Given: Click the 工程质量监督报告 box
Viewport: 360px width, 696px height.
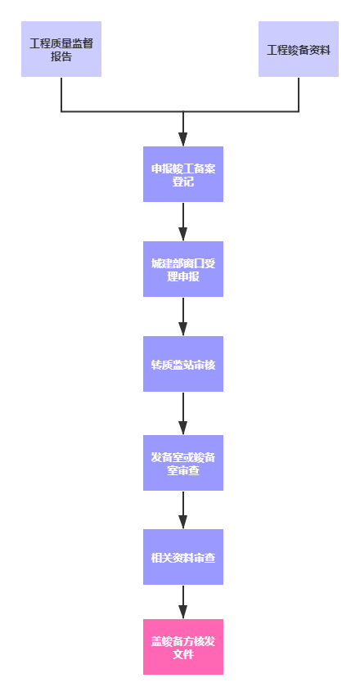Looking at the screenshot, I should (x=61, y=49).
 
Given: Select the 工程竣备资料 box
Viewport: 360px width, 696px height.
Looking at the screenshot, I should (x=299, y=49).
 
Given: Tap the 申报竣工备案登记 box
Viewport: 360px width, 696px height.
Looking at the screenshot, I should (x=183, y=175).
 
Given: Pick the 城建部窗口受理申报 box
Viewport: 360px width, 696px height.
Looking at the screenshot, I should (x=183, y=269).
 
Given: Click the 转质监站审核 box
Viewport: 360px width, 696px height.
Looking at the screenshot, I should (x=183, y=364).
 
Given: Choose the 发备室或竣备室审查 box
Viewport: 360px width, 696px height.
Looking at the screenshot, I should (x=183, y=463).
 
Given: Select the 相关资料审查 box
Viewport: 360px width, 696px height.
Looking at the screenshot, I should (x=183, y=557).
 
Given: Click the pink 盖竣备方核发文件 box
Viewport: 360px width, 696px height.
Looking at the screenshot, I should (x=183, y=647).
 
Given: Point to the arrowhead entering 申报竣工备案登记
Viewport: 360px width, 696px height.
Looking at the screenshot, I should (x=183, y=139).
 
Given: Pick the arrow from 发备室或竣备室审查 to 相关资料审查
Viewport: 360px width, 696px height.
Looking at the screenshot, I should (x=183, y=510).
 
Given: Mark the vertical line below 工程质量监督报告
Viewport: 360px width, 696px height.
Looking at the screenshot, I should (x=61, y=94).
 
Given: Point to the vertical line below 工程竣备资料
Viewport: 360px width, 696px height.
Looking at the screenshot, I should (x=299, y=94).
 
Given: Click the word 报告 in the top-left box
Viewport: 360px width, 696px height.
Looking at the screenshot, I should (x=61, y=57).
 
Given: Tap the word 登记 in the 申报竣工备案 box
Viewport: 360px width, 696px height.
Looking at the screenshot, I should (x=183, y=182).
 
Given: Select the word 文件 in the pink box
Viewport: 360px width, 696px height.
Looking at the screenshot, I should (x=183, y=654).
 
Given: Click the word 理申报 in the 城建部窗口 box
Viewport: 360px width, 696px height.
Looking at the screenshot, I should (x=183, y=276).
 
